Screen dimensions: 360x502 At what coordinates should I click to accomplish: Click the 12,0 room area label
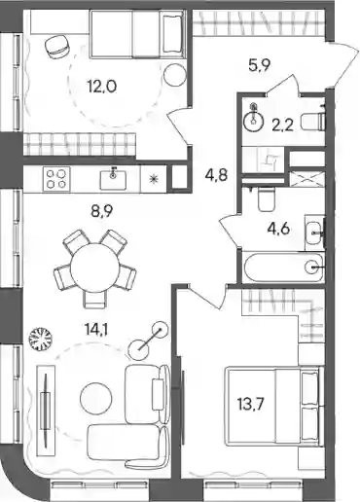coord(101,87)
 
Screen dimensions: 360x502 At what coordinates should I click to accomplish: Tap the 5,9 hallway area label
coord(259,66)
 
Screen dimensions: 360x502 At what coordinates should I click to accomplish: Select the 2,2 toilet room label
coord(282,125)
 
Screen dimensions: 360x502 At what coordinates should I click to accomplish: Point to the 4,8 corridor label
coord(216,175)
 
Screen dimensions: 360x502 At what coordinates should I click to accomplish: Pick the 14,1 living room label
coord(96,331)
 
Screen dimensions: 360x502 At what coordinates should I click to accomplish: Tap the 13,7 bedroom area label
coord(251,405)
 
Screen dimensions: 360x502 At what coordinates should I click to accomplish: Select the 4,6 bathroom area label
coord(278,230)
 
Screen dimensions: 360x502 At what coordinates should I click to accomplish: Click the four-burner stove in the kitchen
coord(56,179)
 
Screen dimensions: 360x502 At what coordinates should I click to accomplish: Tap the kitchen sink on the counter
coord(113,179)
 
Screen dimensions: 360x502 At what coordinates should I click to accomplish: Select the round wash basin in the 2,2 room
coord(255,121)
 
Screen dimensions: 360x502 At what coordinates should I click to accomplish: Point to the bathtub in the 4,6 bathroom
coord(284,268)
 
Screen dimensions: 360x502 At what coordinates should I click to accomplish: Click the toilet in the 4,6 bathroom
coord(267,199)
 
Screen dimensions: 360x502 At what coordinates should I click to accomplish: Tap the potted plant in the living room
coord(40,339)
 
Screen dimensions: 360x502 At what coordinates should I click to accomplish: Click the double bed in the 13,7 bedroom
coord(274,407)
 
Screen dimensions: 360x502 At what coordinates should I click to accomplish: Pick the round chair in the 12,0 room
coord(57,47)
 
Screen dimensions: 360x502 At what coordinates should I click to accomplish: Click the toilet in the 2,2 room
coord(312,122)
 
